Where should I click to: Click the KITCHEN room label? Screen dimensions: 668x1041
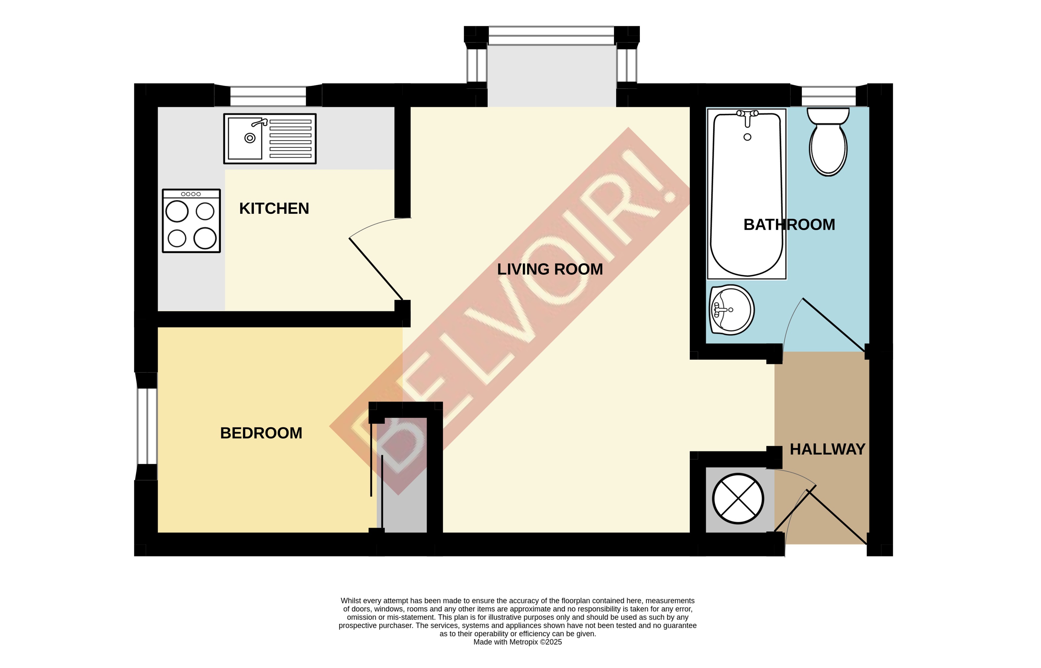[x=274, y=209]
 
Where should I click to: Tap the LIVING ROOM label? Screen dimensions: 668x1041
[x=550, y=269]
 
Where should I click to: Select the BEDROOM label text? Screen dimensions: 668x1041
[x=261, y=433]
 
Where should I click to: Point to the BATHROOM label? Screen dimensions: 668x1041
[x=789, y=225]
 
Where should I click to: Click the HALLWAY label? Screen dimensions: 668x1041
[x=827, y=449]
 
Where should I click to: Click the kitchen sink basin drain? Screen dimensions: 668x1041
[x=250, y=138]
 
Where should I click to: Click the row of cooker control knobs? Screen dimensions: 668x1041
[x=191, y=194]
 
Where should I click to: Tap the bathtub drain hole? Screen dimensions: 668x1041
[x=747, y=137]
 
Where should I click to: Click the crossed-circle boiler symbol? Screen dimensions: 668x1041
[x=738, y=499]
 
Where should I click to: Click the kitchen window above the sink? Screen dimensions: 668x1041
[x=268, y=96]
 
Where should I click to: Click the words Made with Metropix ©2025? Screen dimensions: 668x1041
[x=517, y=642]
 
